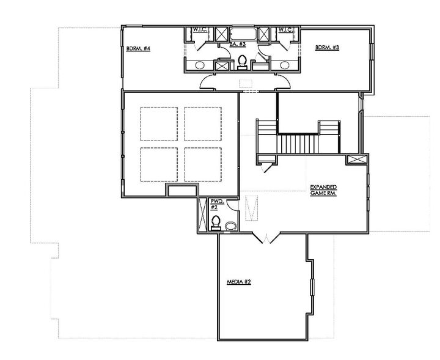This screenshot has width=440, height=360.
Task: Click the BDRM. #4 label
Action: [138, 48]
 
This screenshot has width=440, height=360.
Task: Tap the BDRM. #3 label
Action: [327, 47]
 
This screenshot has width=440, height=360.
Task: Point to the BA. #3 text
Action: [238, 44]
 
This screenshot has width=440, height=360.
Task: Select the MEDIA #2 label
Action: [239, 281]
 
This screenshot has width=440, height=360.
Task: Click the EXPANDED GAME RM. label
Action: [323, 190]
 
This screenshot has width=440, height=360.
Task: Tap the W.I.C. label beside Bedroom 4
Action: [200, 30]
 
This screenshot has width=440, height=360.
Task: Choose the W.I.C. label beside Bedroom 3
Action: [285, 30]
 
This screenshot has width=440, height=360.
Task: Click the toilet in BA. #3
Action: [242, 62]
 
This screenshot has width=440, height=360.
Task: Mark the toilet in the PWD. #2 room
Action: [216, 223]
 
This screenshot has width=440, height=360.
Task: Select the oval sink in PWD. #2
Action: [230, 226]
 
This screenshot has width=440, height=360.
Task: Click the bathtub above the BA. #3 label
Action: [243, 34]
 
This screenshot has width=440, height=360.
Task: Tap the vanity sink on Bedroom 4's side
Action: [200, 65]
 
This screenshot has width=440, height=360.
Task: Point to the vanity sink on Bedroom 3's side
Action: [284, 65]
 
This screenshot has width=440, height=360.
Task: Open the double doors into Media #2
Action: [266, 238]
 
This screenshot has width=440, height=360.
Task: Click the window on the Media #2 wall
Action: [312, 287]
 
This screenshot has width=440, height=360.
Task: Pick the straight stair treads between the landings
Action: [298, 144]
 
